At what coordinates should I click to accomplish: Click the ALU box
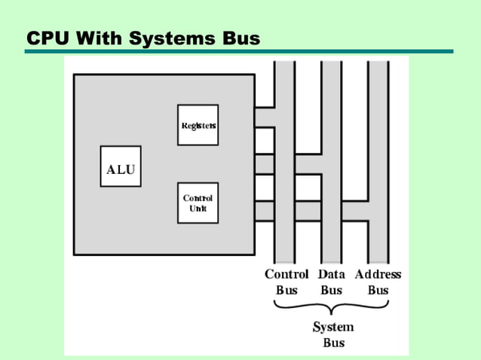(121, 166)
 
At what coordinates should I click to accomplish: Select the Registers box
(198, 125)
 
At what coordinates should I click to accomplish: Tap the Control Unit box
(198, 203)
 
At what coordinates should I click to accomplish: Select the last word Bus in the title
(237, 37)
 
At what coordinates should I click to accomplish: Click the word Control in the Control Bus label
(286, 275)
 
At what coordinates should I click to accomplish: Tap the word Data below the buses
(332, 275)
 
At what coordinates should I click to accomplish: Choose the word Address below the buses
(378, 275)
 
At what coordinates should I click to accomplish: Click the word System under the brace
(333, 327)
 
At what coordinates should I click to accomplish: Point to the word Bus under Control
(286, 290)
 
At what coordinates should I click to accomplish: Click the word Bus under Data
(332, 290)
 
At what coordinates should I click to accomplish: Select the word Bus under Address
(378, 290)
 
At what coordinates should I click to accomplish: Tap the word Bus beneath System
(333, 342)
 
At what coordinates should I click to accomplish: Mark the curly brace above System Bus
(332, 307)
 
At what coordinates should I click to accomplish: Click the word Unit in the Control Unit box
(198, 208)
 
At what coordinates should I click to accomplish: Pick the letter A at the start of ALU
(110, 170)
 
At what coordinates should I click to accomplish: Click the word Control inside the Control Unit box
(198, 198)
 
